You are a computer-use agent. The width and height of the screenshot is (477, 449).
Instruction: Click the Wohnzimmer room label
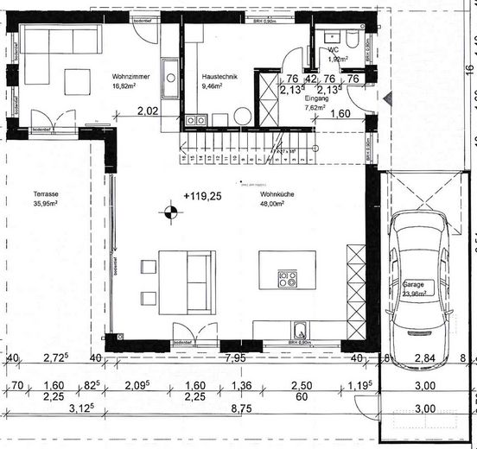(x=130, y=77)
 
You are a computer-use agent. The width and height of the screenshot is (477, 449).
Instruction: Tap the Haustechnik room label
(x=218, y=77)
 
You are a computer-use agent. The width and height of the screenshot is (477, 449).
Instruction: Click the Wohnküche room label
(x=277, y=195)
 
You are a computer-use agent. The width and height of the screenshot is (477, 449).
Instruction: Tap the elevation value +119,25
(x=202, y=196)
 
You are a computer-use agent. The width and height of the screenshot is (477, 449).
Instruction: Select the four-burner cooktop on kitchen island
(x=288, y=279)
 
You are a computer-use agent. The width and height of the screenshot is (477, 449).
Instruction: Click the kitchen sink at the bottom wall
(x=299, y=329)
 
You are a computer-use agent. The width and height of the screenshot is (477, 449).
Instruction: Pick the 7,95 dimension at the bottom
(x=235, y=357)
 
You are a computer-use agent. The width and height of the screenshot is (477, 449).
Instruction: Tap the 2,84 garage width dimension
(x=424, y=358)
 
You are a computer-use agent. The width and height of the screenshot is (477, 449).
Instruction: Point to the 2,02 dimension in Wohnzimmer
(x=148, y=111)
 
